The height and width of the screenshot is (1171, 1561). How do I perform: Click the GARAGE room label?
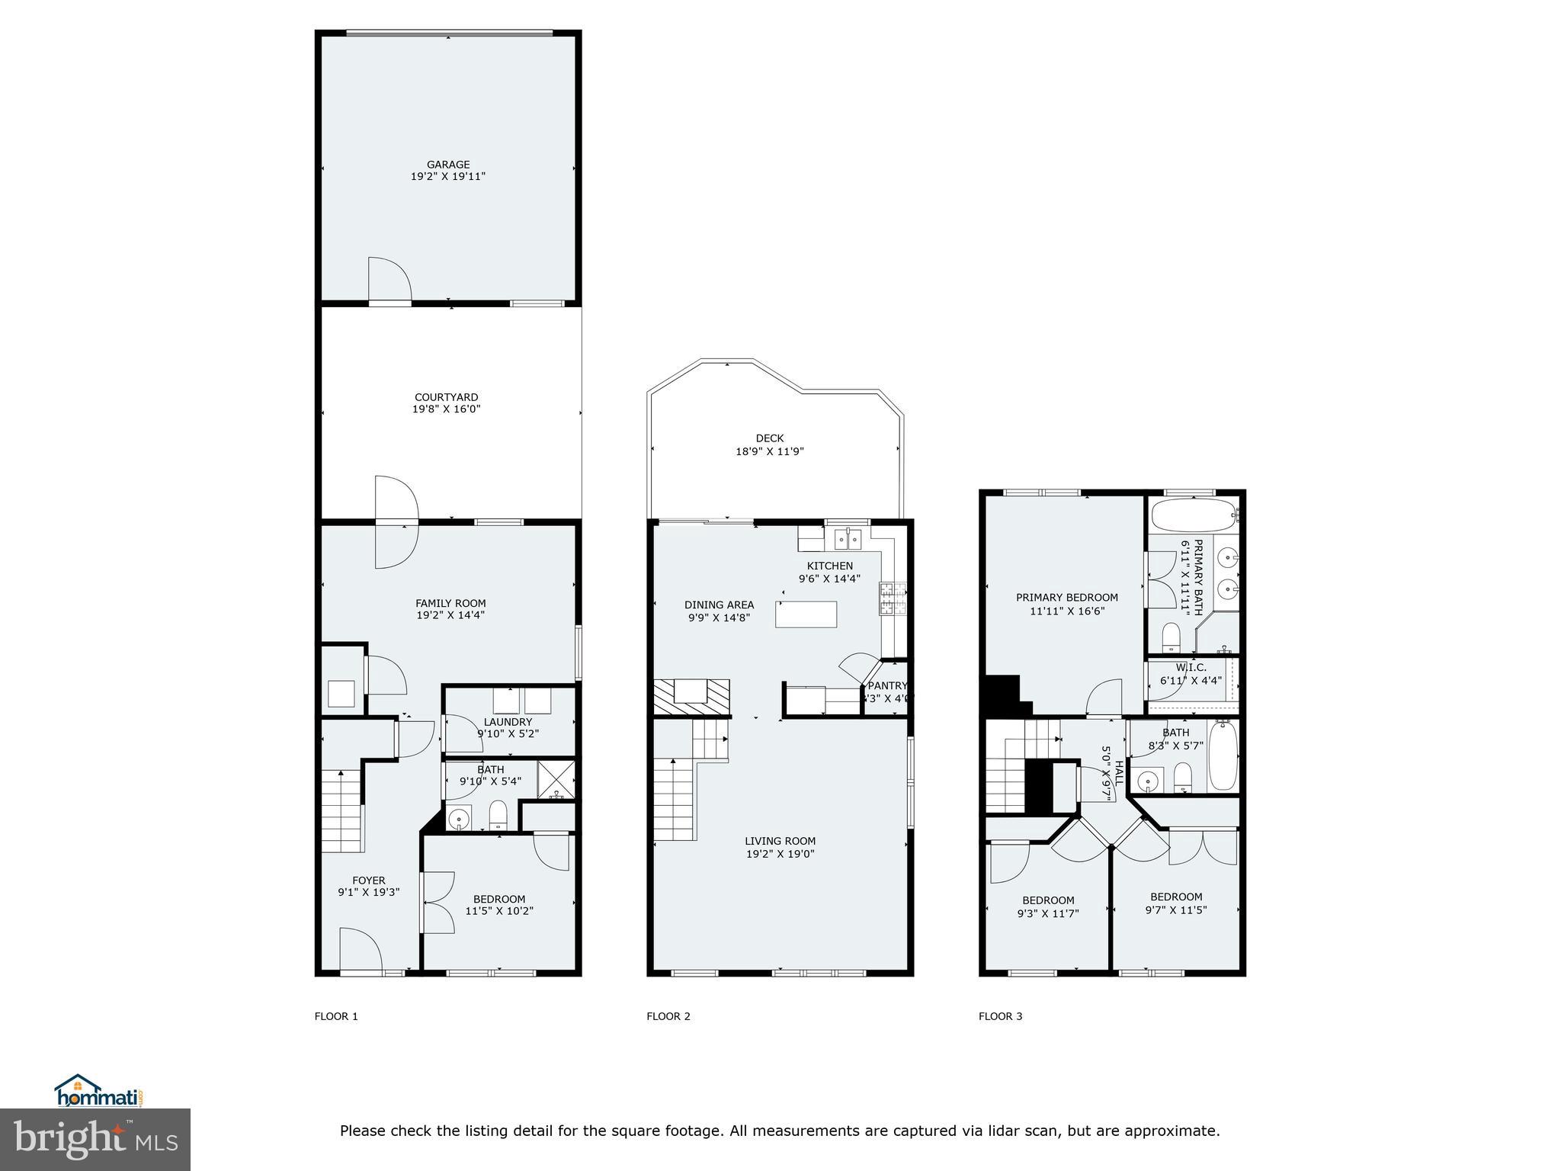tap(448, 164)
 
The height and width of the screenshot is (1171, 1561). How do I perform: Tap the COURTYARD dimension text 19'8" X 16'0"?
tap(447, 409)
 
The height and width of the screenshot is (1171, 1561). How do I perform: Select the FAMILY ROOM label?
tap(450, 603)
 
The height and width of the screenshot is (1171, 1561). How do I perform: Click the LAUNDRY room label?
tap(508, 722)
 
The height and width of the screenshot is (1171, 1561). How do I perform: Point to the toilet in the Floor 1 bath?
tap(498, 814)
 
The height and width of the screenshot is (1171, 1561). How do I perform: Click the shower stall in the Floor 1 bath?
tap(556, 779)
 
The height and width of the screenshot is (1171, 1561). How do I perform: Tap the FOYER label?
tap(368, 881)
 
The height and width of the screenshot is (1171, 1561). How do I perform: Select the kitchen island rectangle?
tap(806, 614)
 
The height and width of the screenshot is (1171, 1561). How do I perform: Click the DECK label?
tap(770, 438)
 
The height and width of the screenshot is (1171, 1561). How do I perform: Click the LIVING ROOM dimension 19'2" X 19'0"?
tap(780, 855)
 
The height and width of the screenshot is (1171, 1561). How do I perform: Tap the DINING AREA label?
tap(719, 605)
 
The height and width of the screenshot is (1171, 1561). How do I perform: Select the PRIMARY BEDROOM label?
tap(1066, 598)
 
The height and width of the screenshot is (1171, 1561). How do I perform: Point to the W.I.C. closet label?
tap(1191, 667)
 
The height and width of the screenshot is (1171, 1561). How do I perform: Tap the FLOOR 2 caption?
tap(668, 1016)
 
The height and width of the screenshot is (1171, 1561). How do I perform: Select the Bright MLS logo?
tap(95, 1140)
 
